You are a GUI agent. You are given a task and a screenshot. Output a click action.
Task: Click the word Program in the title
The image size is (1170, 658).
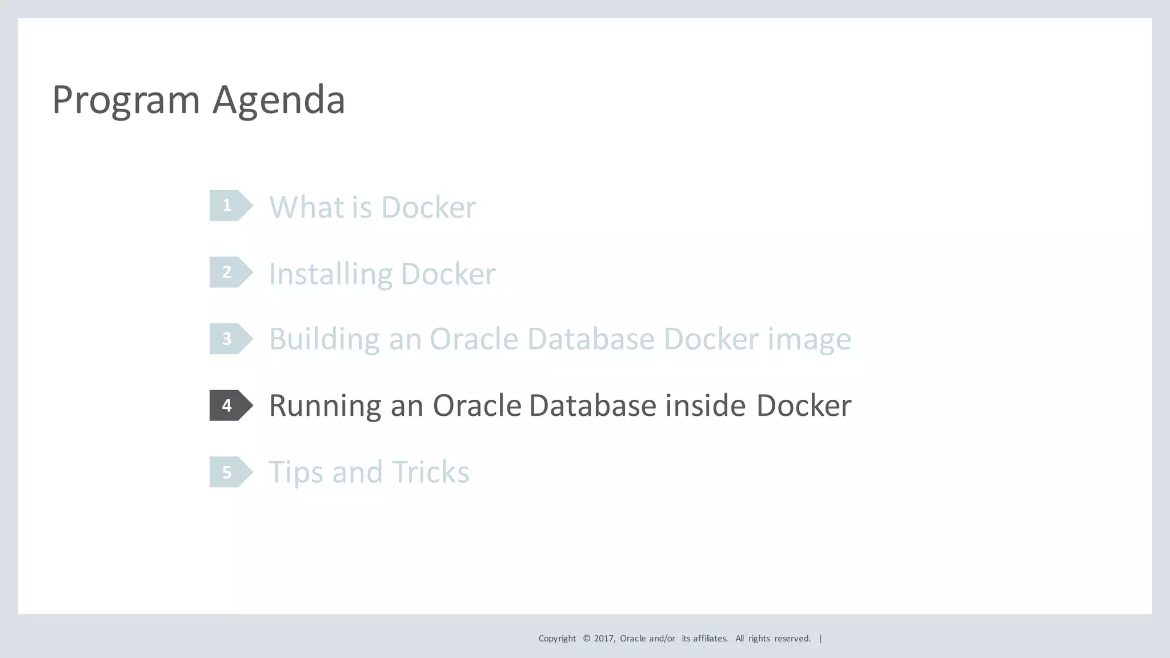pyautogui.click(x=126, y=101)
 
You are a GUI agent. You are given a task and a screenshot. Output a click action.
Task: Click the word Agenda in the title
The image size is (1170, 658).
pyautogui.click(x=279, y=101)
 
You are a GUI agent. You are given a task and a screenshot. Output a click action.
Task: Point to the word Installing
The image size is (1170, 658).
pyautogui.click(x=330, y=274)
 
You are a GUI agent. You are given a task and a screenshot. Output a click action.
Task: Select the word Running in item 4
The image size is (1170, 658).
pyautogui.click(x=325, y=406)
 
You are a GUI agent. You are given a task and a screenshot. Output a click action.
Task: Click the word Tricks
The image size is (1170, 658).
pyautogui.click(x=431, y=472)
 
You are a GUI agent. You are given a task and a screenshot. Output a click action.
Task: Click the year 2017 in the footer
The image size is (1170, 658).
pyautogui.click(x=604, y=639)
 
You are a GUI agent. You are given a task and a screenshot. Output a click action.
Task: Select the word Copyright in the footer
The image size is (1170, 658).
pyautogui.click(x=557, y=639)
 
